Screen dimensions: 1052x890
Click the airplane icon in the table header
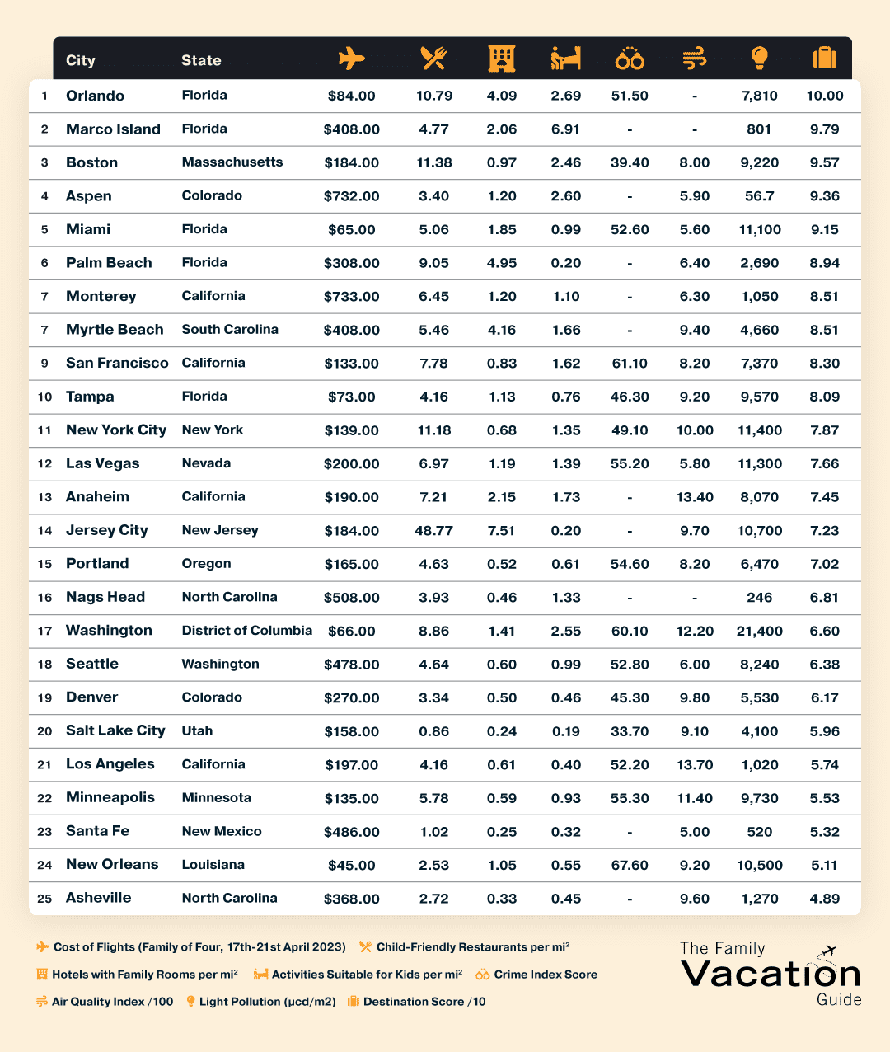[x=351, y=59]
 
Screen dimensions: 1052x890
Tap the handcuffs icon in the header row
[x=630, y=59]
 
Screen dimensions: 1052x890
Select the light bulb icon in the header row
[x=759, y=59]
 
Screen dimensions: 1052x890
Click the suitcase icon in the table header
[x=824, y=59]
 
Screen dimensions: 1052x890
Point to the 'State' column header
[x=201, y=60]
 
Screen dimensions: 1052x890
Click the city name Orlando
[x=95, y=96]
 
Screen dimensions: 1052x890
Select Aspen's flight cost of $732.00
[x=352, y=196]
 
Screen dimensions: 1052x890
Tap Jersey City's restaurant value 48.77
[x=434, y=531]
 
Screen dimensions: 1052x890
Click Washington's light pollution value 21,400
[x=759, y=632]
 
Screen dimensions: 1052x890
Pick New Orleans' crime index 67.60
[x=630, y=866]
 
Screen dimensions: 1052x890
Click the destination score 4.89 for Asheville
[x=824, y=899]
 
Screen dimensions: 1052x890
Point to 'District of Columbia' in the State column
[x=247, y=631]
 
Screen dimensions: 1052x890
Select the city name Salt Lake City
[x=115, y=730]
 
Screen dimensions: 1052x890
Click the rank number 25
[x=44, y=899]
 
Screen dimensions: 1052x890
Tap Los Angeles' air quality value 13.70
[x=695, y=765]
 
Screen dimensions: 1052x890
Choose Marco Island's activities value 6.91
[x=566, y=129]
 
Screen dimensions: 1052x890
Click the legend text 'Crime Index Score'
[x=546, y=975]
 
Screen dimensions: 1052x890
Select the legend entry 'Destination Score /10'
[x=424, y=1002]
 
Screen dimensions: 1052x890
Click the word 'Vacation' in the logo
[x=771, y=974]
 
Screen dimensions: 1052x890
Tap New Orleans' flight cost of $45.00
[x=352, y=866]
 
